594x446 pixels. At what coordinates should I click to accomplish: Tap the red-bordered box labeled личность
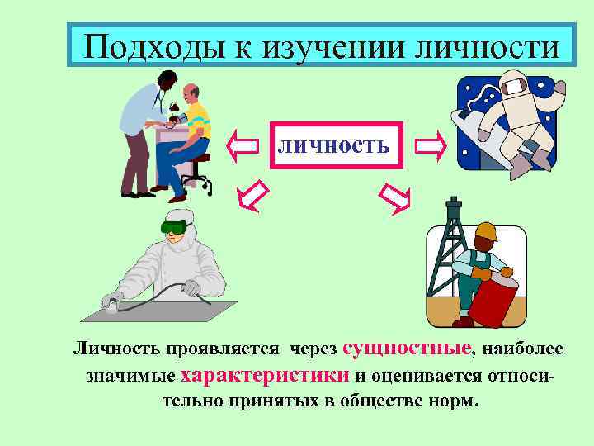334,145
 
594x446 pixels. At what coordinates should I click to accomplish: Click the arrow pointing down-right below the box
394,195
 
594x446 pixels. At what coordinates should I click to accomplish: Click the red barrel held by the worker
493,295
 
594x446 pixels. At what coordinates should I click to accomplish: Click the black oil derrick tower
451,248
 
